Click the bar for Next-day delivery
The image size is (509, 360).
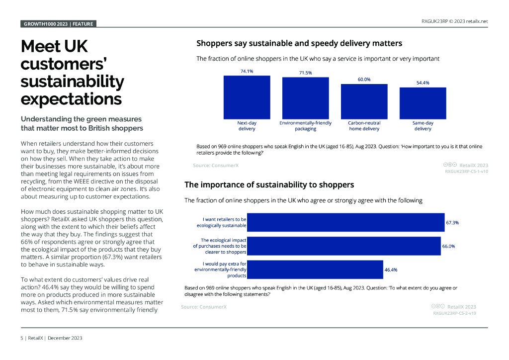(247, 97)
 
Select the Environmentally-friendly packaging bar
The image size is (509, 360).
(305, 98)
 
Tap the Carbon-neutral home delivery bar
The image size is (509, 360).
(364, 101)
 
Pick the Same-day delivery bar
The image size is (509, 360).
(423, 103)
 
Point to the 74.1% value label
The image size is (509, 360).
(247, 71)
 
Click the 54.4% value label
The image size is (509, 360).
(423, 83)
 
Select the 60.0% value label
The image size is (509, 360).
(364, 79)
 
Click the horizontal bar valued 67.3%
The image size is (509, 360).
(345, 222)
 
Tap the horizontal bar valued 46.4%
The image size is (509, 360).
(315, 270)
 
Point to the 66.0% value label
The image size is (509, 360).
(448, 246)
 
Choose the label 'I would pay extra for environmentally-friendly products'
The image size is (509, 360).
(221, 270)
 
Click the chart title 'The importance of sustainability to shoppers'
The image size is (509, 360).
(269, 185)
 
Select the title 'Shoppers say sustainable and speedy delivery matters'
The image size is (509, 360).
(299, 44)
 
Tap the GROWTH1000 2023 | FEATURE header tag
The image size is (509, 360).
(58, 23)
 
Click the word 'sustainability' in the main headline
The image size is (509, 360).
(72, 82)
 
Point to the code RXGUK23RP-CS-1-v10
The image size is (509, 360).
(466, 171)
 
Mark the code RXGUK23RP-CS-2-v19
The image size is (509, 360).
(454, 313)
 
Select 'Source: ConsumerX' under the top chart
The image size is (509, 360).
(216, 165)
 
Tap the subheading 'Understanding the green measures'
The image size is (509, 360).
(81, 119)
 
